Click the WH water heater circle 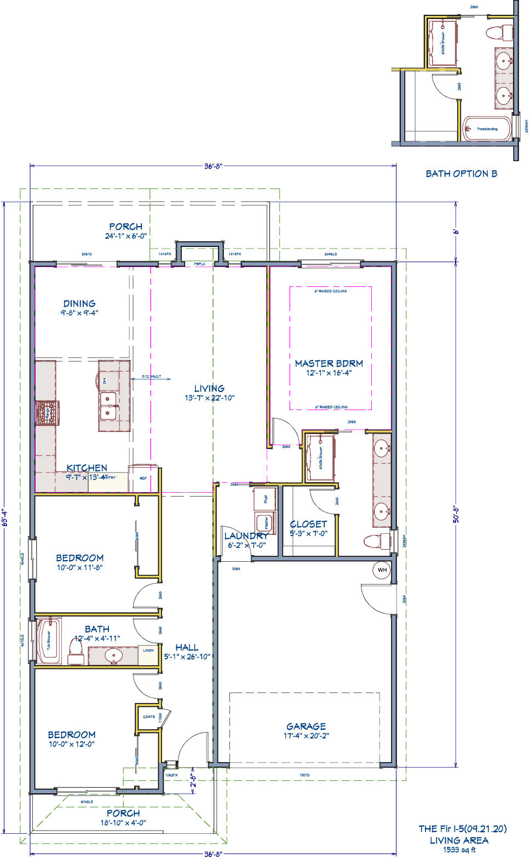tap(382, 570)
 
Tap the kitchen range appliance tap(47, 413)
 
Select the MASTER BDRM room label tap(329, 364)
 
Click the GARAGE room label tap(306, 727)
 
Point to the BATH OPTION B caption tap(461, 174)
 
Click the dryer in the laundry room tap(264, 498)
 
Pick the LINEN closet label tap(148, 650)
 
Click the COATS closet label tap(148, 717)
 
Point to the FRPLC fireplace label tap(199, 264)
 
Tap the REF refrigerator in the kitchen tap(143, 477)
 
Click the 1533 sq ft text tap(459, 850)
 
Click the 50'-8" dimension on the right tap(455, 515)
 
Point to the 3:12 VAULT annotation tap(150, 377)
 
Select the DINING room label tap(79, 303)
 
